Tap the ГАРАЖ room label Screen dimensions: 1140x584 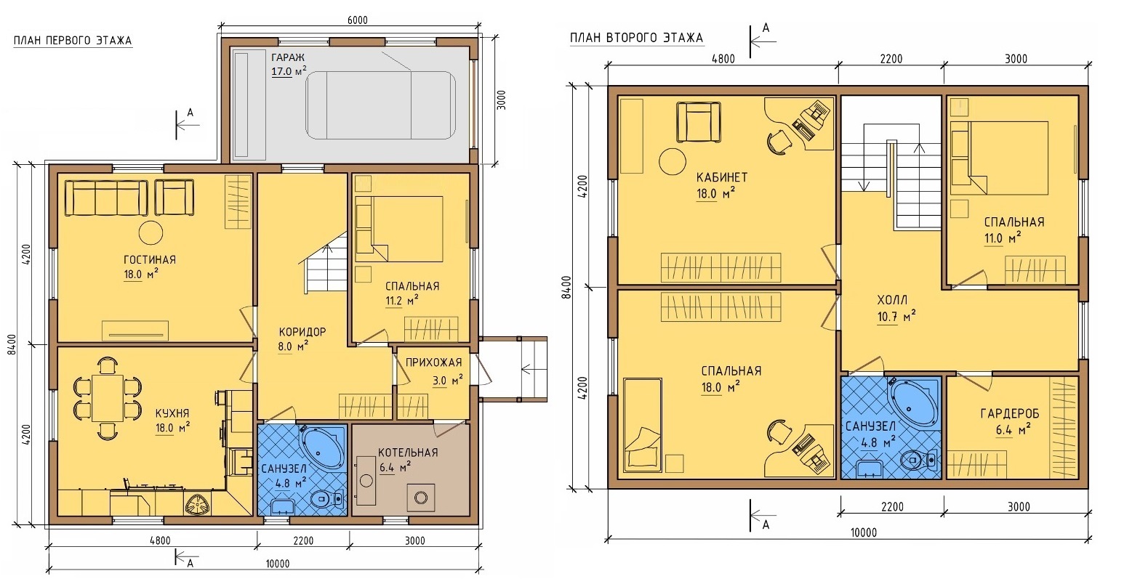288,57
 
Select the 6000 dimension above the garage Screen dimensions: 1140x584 357,20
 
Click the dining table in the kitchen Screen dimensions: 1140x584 108,397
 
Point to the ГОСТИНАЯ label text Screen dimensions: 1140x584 150,260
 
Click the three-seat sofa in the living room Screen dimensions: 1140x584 106,197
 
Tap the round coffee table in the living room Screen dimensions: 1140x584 150,233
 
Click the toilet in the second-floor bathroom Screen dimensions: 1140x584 919,461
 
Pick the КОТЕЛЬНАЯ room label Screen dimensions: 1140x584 408,453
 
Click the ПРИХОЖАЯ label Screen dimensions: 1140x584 433,362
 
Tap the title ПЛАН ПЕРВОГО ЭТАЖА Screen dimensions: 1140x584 72,41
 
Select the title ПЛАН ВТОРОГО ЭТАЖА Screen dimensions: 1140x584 637,38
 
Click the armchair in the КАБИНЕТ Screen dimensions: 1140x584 698,122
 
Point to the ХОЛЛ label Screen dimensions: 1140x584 892,300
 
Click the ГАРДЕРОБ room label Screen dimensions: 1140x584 1010,414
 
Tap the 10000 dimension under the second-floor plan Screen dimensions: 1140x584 864,532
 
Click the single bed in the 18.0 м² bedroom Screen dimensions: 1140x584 642,423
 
